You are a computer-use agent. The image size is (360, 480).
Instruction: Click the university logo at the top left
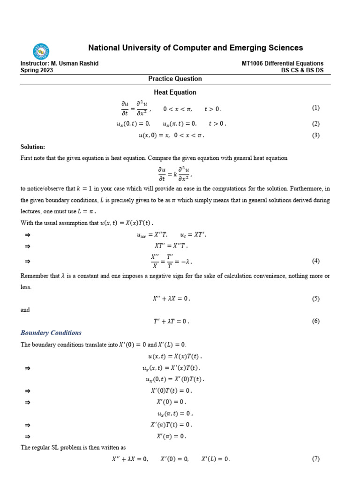(x=41, y=51)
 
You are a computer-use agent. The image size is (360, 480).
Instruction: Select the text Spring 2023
(x=37, y=70)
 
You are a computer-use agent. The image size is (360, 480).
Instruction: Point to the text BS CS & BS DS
(x=302, y=70)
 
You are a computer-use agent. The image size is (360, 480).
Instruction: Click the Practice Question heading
(x=175, y=79)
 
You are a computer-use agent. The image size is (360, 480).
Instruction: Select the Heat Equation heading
(x=175, y=92)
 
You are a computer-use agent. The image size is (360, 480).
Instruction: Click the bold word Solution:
(x=33, y=147)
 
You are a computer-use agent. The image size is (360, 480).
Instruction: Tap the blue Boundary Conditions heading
(x=51, y=333)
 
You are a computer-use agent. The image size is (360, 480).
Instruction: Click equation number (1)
(x=315, y=108)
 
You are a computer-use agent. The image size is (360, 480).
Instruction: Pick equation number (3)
(x=315, y=135)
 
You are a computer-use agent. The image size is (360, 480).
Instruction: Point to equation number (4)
(x=315, y=261)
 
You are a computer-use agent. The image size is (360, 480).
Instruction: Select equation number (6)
(x=315, y=321)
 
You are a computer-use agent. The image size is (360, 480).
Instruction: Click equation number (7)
(x=315, y=459)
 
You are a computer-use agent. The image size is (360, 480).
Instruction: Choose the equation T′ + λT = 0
(x=171, y=322)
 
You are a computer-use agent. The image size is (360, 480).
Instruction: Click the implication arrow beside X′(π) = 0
(x=27, y=436)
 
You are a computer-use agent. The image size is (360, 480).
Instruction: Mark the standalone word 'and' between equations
(x=25, y=310)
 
